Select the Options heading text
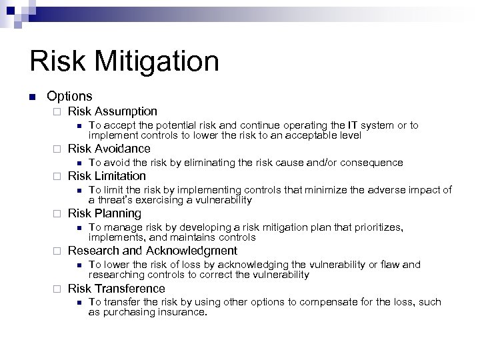69,96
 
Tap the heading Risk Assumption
113,111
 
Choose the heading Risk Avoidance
109,148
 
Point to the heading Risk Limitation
107,176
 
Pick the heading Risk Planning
105,213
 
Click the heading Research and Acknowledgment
153,251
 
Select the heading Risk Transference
117,288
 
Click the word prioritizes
377,227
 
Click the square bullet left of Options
32,97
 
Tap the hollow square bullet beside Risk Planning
57,214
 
